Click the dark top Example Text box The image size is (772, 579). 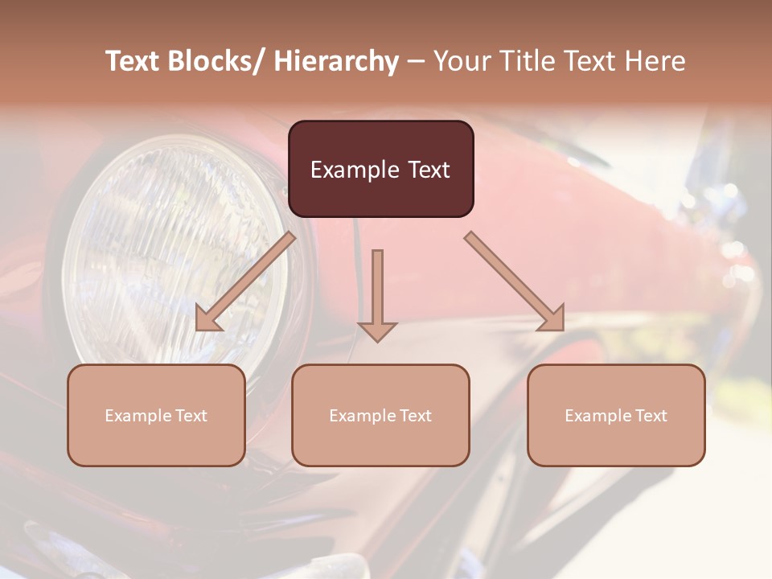380,169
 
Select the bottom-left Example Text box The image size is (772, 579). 156,415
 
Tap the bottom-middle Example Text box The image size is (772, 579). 380,415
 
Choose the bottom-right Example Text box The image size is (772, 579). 616,415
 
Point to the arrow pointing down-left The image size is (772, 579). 245,281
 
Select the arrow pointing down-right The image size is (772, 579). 515,281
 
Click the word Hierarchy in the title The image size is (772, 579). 335,61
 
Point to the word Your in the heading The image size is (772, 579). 460,61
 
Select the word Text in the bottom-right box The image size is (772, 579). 650,416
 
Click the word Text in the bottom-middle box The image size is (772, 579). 414,416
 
